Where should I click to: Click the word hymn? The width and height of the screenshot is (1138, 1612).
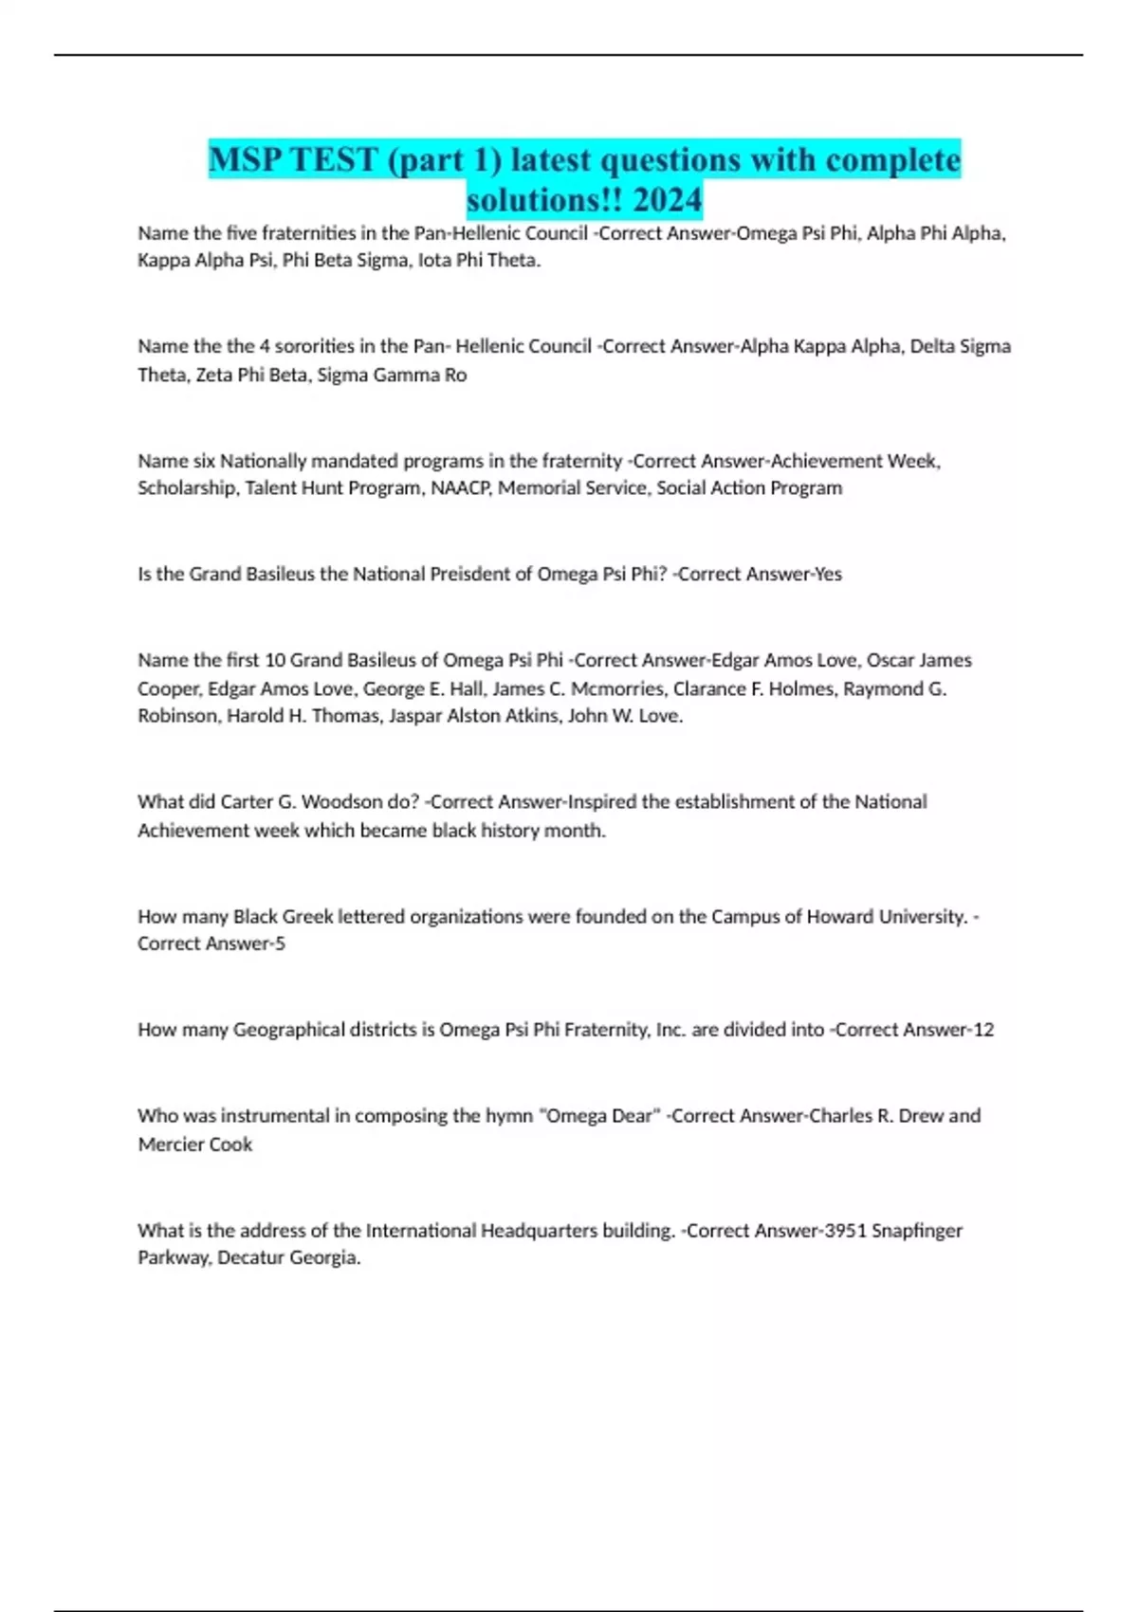[508, 1116]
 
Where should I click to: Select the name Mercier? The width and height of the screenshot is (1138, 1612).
[170, 1145]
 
